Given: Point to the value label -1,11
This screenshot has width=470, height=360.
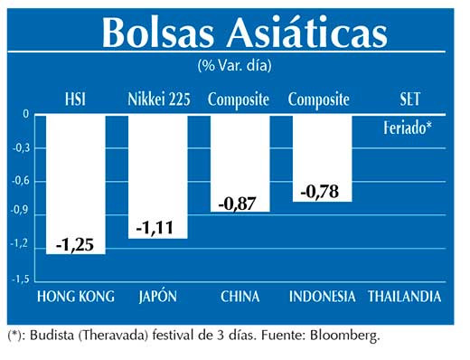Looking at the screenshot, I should coord(157,230).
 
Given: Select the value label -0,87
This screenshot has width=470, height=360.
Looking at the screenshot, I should coord(240,204).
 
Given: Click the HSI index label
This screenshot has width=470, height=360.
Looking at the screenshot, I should coord(76,99).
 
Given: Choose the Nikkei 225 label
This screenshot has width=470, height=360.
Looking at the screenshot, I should coord(158,99).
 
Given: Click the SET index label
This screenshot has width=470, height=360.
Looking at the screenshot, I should coord(409,99).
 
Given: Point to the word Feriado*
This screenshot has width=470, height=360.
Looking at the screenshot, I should coord(407,128).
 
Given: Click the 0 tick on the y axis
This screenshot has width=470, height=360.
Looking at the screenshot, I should coord(26,115).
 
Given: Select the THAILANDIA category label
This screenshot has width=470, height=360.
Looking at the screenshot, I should coord(405,297).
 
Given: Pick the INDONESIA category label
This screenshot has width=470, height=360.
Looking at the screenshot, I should coord(321,297).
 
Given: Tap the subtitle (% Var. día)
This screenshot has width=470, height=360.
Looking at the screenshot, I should coord(234,65).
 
